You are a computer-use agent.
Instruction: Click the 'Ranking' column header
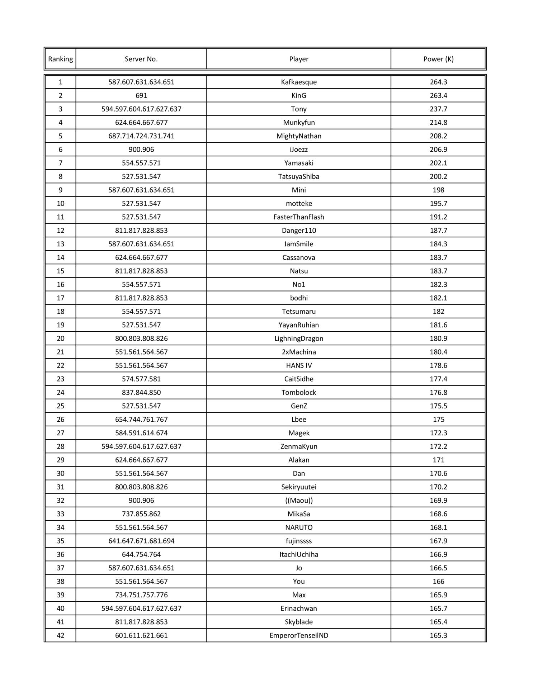tap(60, 59)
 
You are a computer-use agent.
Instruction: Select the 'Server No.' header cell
tap(141, 59)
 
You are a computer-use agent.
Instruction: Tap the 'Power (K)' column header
tap(438, 59)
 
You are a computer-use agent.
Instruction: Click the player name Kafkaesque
tap(299, 82)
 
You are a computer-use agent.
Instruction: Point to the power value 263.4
tap(438, 96)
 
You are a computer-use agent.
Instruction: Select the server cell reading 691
tap(141, 96)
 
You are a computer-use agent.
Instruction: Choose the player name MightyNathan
tap(299, 136)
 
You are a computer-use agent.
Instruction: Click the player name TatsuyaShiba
tap(299, 177)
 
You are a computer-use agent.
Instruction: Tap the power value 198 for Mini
tap(438, 190)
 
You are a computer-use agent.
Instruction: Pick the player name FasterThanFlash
tap(299, 217)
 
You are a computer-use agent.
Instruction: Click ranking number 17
tap(60, 298)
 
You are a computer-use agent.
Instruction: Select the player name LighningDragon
tap(299, 338)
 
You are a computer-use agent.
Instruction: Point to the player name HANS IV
tap(299, 366)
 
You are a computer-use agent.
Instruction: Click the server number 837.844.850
tap(141, 393)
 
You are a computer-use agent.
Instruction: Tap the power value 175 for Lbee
tap(438, 420)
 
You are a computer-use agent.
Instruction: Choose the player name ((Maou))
tap(299, 501)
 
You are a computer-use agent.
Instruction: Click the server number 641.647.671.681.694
tap(141, 541)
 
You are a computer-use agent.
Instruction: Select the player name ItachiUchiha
tap(299, 555)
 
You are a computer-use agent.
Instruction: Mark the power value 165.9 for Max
tap(438, 595)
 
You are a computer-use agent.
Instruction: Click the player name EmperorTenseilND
tap(299, 636)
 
